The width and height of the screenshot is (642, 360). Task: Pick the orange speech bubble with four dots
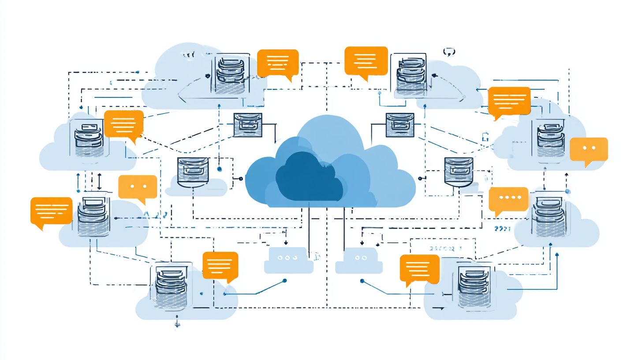(x=508, y=199)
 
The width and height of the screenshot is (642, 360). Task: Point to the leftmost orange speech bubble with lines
(x=51, y=211)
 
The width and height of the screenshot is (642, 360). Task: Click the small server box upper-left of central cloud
(x=247, y=125)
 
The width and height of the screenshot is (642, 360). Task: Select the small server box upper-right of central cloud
(x=399, y=125)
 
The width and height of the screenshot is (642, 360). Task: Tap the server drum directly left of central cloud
(x=192, y=172)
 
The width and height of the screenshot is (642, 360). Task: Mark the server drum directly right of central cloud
(x=459, y=172)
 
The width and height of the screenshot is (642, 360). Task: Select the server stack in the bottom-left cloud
(x=171, y=287)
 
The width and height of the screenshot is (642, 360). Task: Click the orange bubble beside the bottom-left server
(x=220, y=266)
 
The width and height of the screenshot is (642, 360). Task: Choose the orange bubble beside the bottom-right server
(x=419, y=268)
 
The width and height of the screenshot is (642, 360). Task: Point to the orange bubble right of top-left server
(x=278, y=63)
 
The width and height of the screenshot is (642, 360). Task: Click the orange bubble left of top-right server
(x=366, y=61)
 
